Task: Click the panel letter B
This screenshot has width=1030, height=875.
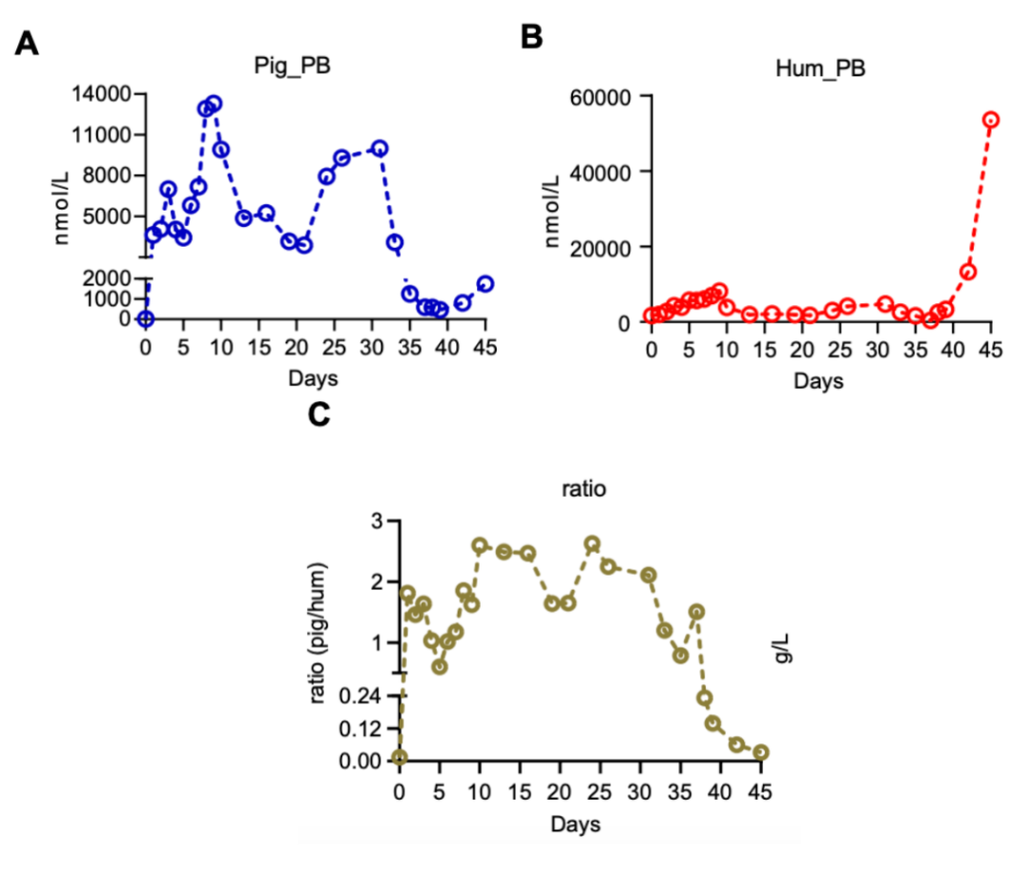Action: pyautogui.click(x=531, y=37)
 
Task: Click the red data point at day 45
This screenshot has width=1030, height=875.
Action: pyautogui.click(x=991, y=120)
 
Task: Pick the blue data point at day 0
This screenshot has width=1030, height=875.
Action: pyautogui.click(x=145, y=318)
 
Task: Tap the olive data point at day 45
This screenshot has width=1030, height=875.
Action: pyautogui.click(x=760, y=752)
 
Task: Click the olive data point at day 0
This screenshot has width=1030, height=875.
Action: pyautogui.click(x=400, y=758)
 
